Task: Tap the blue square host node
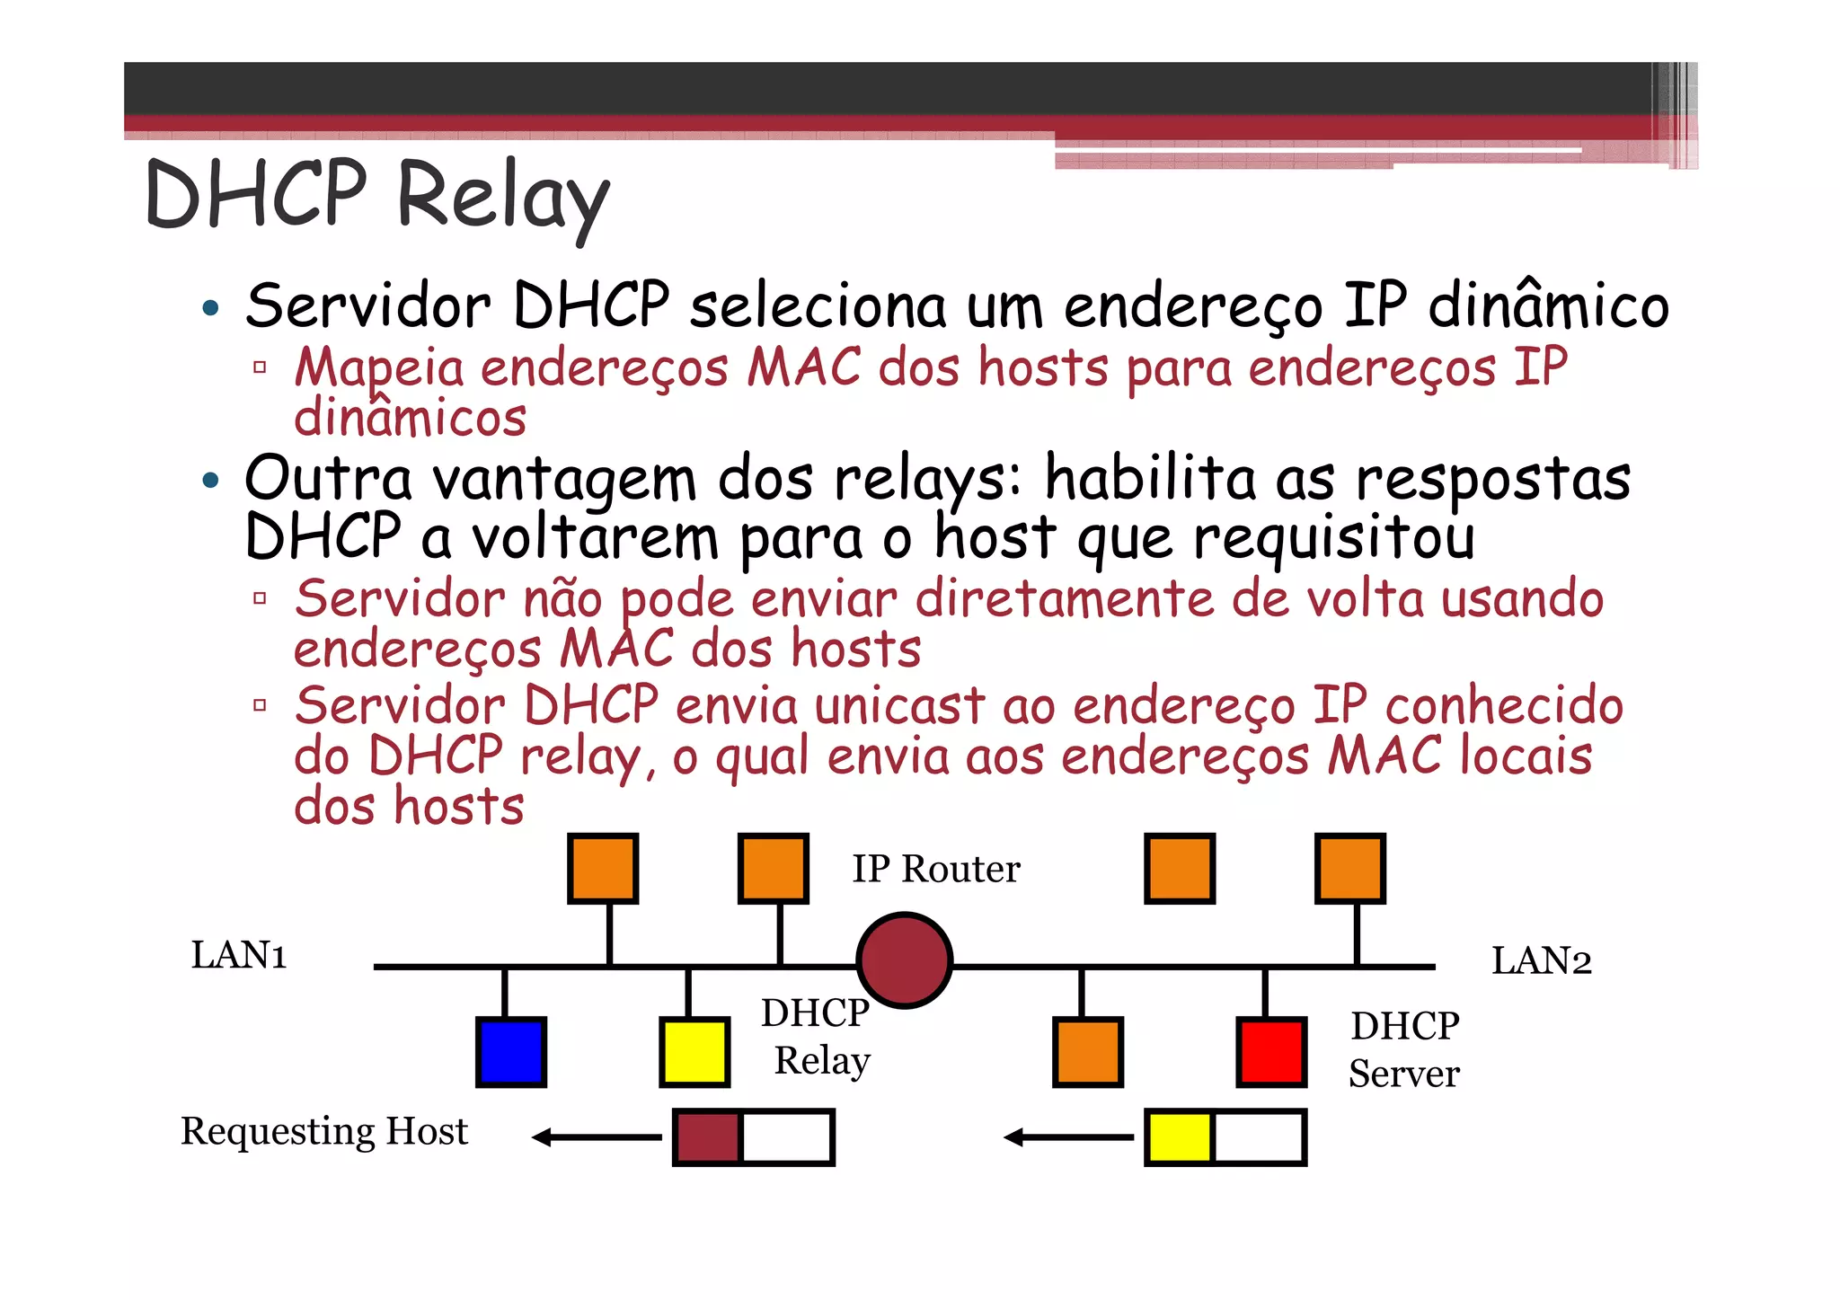tap(510, 1052)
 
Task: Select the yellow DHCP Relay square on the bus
tap(694, 1052)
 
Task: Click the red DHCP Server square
tap(1271, 1052)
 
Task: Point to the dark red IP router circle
tap(904, 960)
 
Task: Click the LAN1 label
tap(239, 955)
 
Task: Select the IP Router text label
tap(935, 869)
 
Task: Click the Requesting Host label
tap(324, 1131)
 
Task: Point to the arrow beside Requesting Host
tap(596, 1137)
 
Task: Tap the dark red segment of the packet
tap(707, 1137)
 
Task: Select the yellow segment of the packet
tap(1179, 1137)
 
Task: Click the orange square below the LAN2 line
tap(1087, 1052)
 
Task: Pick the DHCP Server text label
tap(1404, 1049)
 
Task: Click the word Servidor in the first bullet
tap(368, 306)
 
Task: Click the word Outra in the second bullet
tap(328, 478)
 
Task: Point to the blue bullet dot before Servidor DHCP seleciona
tap(210, 309)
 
